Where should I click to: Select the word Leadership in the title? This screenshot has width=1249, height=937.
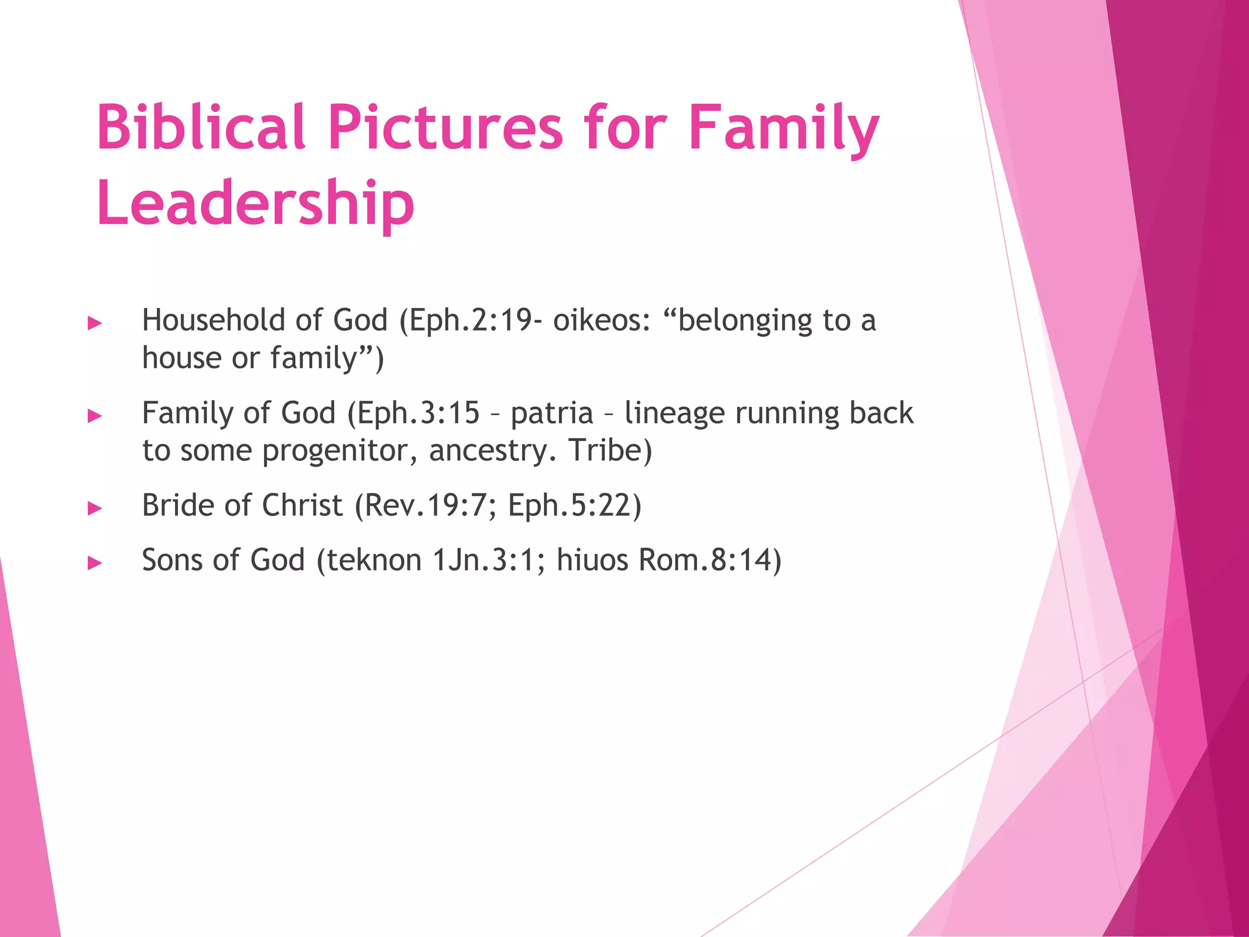[256, 203]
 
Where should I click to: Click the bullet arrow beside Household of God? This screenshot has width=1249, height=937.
[95, 323]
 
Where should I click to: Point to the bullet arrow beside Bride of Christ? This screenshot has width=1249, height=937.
[95, 508]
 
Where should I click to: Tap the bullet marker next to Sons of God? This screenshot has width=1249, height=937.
[95, 562]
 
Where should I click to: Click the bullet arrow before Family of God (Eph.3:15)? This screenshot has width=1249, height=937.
[95, 416]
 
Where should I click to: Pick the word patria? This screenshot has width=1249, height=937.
[551, 413]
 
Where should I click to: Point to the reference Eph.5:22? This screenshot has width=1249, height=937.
[574, 505]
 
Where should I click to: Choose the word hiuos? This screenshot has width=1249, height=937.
[592, 560]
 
